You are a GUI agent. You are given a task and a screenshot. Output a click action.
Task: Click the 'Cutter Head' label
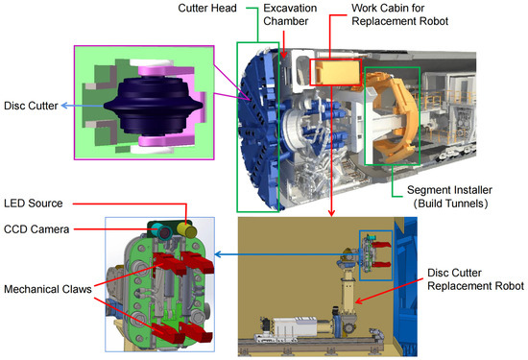point(207,8)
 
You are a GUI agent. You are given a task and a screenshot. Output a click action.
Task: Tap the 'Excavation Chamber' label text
point(290,14)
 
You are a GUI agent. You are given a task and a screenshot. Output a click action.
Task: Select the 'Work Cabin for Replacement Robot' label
point(399,14)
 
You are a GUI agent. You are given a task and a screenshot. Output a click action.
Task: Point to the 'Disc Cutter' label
point(31,106)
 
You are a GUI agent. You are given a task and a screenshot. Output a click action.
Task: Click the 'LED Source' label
point(33,204)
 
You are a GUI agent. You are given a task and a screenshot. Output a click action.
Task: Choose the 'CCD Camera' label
point(36,229)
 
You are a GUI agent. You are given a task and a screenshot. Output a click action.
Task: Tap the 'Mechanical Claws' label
point(48,289)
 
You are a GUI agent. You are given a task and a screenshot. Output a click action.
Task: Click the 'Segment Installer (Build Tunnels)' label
point(450,197)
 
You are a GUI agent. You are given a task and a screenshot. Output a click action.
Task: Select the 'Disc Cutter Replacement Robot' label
point(475,279)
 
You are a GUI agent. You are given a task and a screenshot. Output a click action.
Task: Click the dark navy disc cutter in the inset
point(154,106)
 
